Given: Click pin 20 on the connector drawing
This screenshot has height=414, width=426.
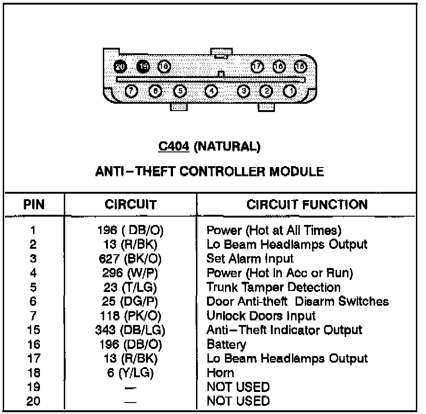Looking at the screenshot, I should pos(120,67).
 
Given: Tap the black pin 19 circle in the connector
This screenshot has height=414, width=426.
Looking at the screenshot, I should pos(144,67).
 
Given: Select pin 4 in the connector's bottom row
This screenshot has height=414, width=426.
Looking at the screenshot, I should pos(211,91).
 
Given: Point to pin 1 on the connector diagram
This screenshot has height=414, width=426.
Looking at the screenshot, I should pos(290,91).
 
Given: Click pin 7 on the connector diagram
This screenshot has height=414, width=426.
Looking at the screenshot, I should pos(132,91).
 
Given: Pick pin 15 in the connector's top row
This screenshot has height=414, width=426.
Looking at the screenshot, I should pos(300,67).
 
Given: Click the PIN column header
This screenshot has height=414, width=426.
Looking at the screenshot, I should pos(34,204).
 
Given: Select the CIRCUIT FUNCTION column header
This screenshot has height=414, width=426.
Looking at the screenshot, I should pos(307,204).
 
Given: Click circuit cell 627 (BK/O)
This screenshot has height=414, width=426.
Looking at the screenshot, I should pos(130,259).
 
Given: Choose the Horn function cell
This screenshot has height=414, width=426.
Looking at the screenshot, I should pos(220,373).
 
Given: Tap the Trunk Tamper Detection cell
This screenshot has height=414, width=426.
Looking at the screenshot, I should pos(274,287).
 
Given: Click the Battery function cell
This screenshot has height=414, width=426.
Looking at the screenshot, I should pos(226,344).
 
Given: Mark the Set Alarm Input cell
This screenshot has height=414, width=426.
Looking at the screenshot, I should pos(250,259).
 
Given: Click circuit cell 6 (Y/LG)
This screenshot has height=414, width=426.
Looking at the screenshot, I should pos(130,373).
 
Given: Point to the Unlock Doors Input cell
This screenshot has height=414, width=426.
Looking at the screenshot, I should pos(261,316).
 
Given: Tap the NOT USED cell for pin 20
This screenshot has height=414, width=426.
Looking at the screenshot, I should pos(238,401).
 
